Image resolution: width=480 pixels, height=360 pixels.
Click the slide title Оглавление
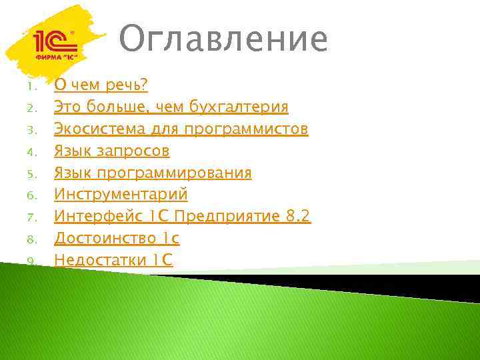click(224, 40)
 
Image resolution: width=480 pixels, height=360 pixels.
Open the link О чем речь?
click(101, 85)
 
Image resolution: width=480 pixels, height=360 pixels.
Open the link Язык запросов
click(112, 151)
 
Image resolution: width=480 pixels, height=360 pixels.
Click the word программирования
click(175, 173)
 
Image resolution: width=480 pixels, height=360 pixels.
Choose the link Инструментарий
click(121, 195)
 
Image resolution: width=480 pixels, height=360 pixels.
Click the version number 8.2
click(297, 217)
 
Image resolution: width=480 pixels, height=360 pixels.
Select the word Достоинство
click(105, 238)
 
